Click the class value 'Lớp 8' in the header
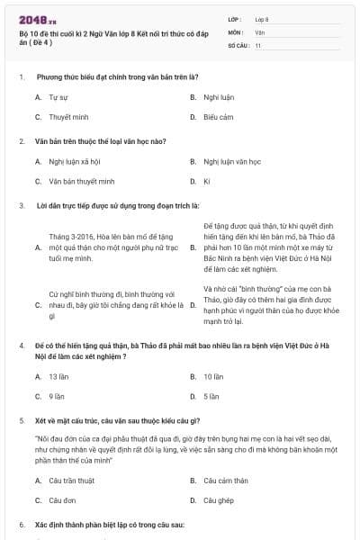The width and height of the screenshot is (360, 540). [263, 18]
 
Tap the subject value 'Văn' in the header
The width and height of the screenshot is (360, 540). [259, 31]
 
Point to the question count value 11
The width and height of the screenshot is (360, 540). [258, 44]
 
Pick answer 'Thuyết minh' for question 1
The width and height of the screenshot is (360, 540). [65, 117]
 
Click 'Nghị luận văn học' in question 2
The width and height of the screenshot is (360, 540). [232, 162]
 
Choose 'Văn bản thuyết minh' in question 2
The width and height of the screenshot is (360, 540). [76, 181]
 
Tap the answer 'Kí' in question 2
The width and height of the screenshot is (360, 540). [206, 181]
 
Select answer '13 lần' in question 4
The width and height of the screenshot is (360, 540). [58, 376]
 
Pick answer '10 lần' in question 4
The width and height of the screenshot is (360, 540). [213, 376]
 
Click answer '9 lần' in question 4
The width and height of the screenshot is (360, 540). [56, 395]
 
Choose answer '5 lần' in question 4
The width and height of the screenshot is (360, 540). [211, 395]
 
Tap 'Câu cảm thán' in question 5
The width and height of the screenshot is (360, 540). [225, 481]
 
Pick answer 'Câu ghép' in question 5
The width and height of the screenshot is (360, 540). [219, 499]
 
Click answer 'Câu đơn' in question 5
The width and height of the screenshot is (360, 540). [62, 499]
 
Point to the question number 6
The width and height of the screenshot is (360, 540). [22, 524]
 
